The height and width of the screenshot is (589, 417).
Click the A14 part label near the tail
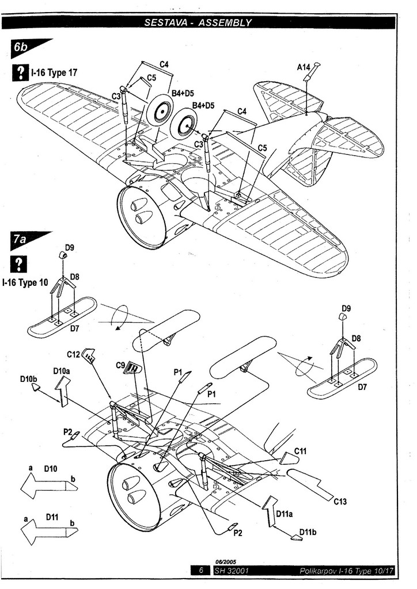[x=304, y=67]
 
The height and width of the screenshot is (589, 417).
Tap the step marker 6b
[x=21, y=48]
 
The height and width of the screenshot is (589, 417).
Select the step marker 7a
[x=20, y=240]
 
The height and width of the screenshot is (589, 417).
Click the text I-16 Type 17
[x=54, y=73]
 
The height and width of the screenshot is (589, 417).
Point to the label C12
[x=73, y=354]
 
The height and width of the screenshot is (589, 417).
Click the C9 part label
[x=120, y=365]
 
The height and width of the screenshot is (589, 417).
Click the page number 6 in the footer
[x=200, y=571]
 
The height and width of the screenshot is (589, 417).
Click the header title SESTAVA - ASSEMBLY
[x=198, y=23]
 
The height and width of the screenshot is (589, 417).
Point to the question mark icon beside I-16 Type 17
[x=20, y=72]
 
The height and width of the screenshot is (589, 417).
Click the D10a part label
[x=62, y=371]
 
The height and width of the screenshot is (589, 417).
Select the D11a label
[x=285, y=512]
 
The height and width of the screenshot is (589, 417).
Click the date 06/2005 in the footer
[x=226, y=562]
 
